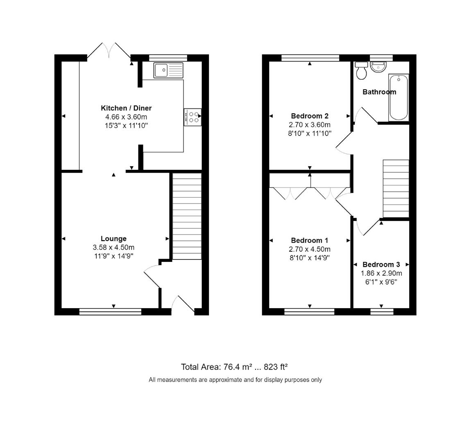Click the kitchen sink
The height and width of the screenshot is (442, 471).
(x=169, y=70)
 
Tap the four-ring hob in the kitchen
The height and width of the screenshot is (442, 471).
(x=192, y=117)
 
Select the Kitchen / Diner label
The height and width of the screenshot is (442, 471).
(x=126, y=108)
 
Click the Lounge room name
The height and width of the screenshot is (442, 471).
(x=113, y=239)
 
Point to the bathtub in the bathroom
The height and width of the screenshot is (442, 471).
(x=399, y=97)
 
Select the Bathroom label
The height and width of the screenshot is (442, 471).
(x=379, y=92)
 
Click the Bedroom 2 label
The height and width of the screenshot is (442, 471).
(x=310, y=116)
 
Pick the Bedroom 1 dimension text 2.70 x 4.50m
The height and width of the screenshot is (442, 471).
(x=310, y=249)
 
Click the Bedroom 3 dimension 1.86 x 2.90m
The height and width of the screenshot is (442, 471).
(x=381, y=273)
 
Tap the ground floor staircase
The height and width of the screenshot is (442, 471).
(x=187, y=216)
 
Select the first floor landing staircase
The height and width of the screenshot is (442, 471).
(x=396, y=188)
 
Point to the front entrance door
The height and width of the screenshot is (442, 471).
(x=183, y=305)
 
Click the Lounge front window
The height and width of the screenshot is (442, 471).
(x=110, y=312)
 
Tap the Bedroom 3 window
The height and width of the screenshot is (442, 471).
(x=382, y=312)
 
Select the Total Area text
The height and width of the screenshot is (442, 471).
(x=237, y=366)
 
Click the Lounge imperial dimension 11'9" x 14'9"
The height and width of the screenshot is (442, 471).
(x=113, y=256)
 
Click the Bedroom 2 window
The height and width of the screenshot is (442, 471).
(x=310, y=58)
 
